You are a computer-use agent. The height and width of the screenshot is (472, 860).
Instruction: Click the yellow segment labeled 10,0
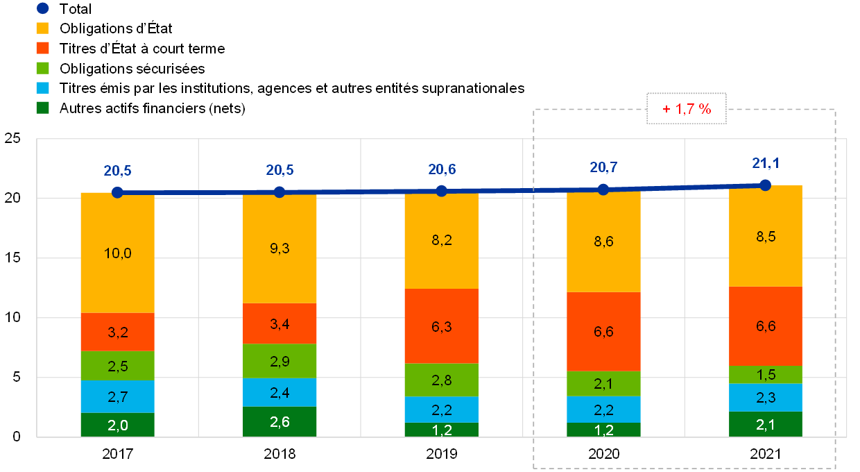(117, 253)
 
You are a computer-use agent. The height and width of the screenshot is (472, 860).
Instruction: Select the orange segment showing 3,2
(117, 332)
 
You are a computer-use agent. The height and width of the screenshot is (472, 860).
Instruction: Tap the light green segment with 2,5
(117, 365)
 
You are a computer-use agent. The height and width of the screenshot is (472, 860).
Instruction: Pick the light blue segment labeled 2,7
(117, 396)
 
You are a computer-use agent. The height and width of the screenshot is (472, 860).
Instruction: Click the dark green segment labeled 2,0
(117, 425)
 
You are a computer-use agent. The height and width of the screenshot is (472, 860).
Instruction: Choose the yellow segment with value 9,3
(279, 248)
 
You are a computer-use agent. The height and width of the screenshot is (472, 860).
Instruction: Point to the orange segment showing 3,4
(279, 323)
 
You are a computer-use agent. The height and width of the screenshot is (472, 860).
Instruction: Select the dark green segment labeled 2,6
(279, 421)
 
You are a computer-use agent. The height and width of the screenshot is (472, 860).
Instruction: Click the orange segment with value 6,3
(441, 326)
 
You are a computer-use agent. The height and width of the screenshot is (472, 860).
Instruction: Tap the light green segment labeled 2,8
(441, 380)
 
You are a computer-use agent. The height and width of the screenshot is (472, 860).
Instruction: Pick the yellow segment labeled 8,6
(603, 242)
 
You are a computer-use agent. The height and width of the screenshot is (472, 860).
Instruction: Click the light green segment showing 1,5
(766, 375)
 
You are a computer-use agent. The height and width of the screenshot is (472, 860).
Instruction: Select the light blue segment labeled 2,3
(766, 398)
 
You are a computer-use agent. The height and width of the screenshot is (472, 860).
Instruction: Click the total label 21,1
(766, 163)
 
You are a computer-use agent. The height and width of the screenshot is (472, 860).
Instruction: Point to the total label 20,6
(441, 169)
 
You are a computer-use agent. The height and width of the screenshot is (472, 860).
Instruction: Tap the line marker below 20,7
(603, 189)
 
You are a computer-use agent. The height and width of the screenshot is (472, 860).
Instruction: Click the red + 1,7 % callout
(687, 109)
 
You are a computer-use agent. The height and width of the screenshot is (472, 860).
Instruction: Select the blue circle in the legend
(42, 8)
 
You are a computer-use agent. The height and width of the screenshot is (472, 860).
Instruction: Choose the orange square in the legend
(42, 48)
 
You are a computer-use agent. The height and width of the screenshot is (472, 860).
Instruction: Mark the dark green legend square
(42, 108)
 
